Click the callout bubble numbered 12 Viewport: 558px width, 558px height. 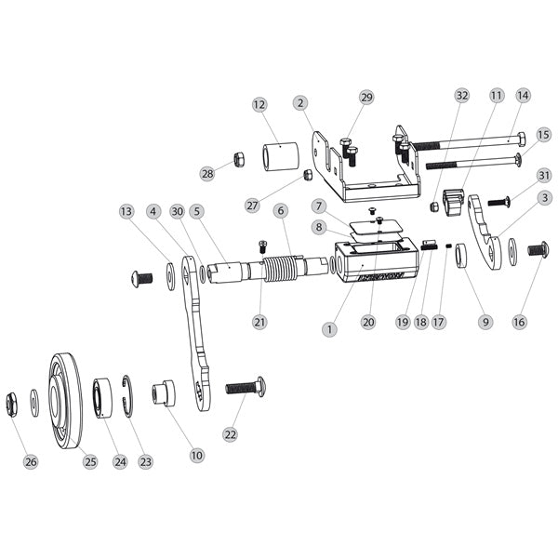point(259,105)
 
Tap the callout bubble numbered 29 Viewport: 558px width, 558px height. point(365,97)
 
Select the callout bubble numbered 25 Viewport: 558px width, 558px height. point(89,462)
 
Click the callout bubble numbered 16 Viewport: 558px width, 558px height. point(519,322)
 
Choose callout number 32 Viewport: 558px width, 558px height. point(461,96)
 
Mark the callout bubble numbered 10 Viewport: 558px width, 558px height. point(195,456)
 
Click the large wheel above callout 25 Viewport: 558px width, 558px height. point(66,401)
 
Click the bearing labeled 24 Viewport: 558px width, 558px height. point(103,397)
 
